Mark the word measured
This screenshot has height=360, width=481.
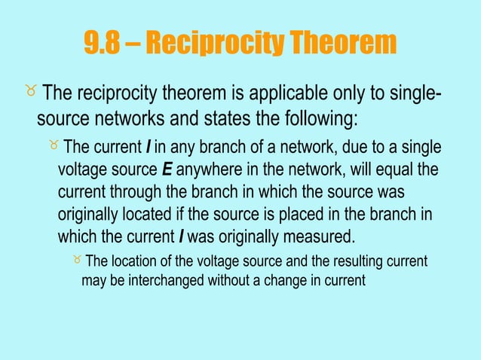316,236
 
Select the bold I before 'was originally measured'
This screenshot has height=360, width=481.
181,236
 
